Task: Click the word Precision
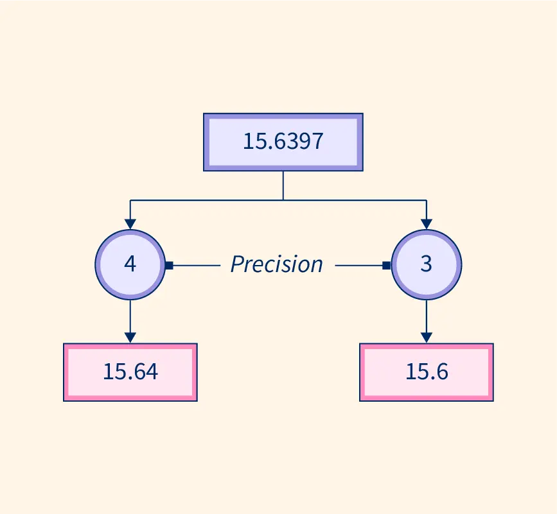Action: (x=276, y=264)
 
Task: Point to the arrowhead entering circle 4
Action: (x=130, y=224)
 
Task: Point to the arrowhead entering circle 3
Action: (x=426, y=224)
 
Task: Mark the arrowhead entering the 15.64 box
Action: (x=130, y=338)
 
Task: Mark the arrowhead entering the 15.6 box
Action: (x=426, y=338)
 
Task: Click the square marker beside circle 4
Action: (x=169, y=264)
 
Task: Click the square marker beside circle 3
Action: (x=386, y=264)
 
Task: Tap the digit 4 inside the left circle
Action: (x=130, y=264)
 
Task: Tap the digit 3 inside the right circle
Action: (x=426, y=264)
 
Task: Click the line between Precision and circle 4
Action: (x=197, y=264)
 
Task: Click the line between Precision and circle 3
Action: (x=358, y=264)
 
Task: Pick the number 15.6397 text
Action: (x=283, y=142)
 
